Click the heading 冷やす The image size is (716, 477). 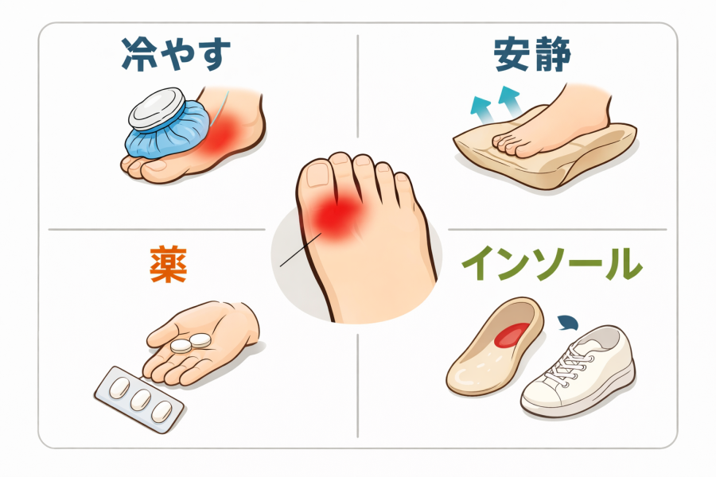[176, 54]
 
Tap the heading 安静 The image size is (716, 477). [532, 55]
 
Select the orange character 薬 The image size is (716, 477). [169, 265]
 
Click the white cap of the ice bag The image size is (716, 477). [156, 109]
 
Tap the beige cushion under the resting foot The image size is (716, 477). [543, 150]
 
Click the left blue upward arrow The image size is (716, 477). [482, 109]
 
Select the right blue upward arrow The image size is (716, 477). [510, 101]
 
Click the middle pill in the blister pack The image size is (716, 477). [140, 400]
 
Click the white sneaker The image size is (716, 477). [578, 371]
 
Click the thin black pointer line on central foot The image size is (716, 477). [301, 250]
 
